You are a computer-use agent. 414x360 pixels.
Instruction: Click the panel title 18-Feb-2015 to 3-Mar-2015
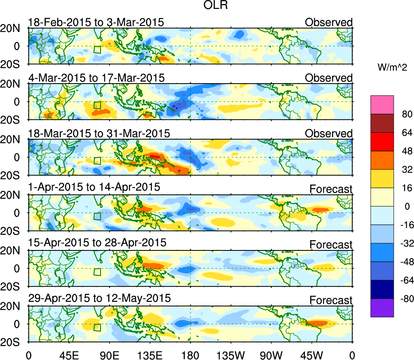(x=96, y=22)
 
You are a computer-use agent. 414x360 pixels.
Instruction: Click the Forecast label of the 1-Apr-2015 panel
(x=331, y=189)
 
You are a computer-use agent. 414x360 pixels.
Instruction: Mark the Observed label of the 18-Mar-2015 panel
(x=329, y=134)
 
